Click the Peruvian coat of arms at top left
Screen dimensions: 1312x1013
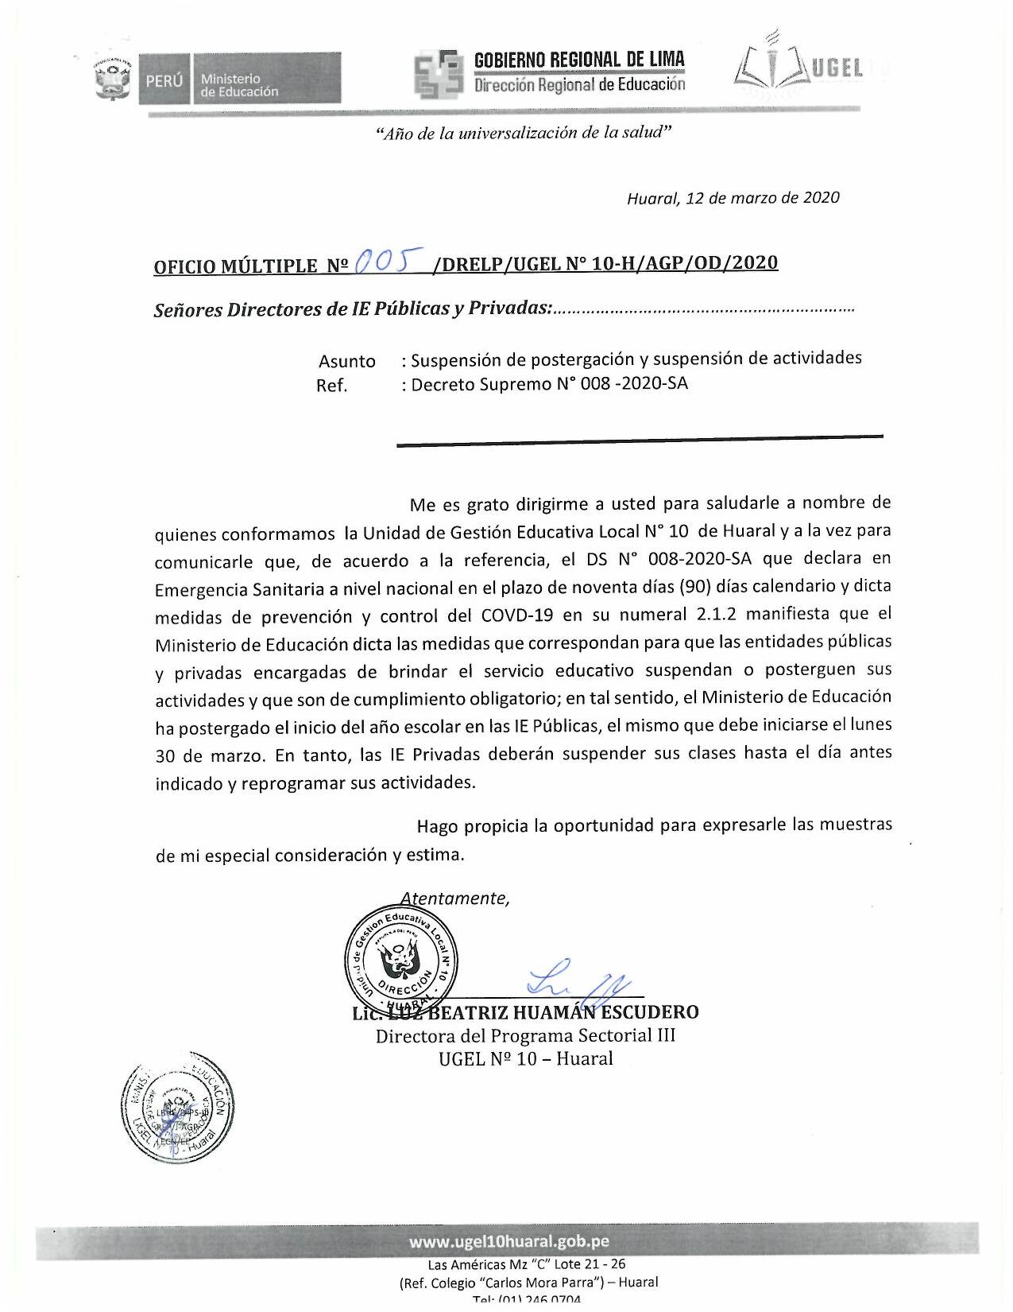(111, 78)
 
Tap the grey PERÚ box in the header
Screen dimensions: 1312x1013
(164, 80)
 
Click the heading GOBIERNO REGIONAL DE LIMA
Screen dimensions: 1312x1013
(578, 60)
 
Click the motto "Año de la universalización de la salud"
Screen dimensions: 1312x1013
(524, 134)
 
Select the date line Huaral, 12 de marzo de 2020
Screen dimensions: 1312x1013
(733, 198)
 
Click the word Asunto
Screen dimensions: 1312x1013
(346, 361)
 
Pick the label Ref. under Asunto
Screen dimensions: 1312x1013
(331, 386)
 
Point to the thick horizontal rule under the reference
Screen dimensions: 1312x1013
(640, 438)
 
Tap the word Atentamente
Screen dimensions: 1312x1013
(454, 898)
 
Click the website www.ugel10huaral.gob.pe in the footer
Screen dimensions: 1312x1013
(508, 1242)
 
